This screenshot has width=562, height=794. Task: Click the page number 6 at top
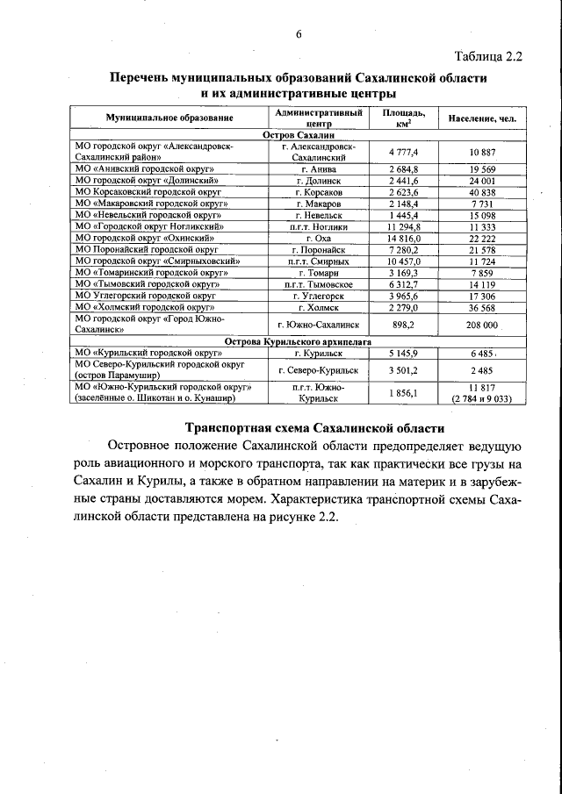(298, 34)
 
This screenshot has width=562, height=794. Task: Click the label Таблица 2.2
(488, 58)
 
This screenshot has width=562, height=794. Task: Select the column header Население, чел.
(482, 117)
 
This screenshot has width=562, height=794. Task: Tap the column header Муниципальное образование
(169, 117)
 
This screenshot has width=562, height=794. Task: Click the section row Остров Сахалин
(299, 135)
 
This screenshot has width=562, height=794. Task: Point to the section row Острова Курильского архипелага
(299, 340)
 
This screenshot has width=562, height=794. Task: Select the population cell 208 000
(482, 325)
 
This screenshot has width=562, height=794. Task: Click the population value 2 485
(482, 369)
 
